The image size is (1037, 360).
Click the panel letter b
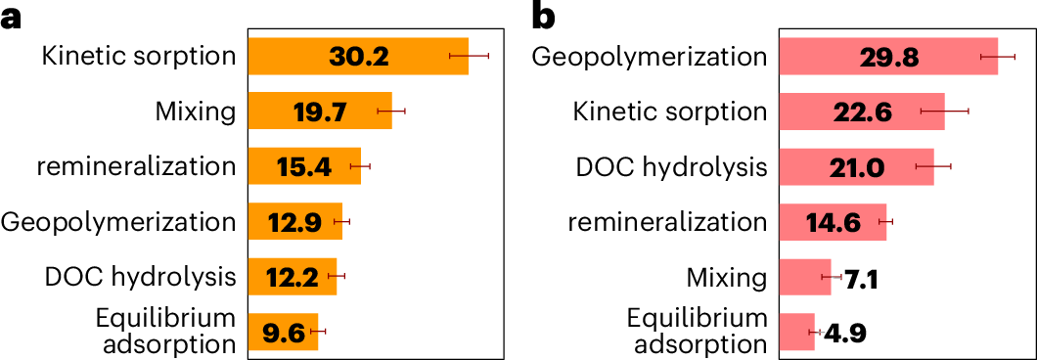pos(544,17)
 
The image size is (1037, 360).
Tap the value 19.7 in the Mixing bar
pos(320,112)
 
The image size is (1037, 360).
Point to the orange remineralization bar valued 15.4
pos(304,166)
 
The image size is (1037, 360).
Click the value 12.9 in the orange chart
pos(294,222)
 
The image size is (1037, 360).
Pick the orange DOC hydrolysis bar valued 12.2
pos(292,277)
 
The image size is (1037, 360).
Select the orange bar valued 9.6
pos(284,332)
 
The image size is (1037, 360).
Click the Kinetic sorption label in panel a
pos(139,57)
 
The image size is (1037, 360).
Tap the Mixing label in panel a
pos(196,112)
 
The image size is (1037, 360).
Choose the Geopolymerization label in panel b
pos(650,57)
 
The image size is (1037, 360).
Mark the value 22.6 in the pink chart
pos(862,112)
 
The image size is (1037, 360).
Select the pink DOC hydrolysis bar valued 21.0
pos(856,167)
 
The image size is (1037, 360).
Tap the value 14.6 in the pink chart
pos(833,222)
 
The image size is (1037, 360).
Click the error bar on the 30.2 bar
pos(469,57)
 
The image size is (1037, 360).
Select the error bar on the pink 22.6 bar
pos(944,112)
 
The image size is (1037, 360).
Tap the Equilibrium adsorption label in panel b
pos(697,332)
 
